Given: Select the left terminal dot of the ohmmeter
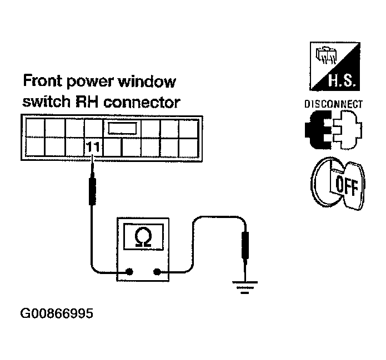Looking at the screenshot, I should pyautogui.click(x=130, y=272).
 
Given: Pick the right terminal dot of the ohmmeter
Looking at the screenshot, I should pyautogui.click(x=157, y=272).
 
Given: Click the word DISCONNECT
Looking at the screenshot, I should pyautogui.click(x=333, y=104).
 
